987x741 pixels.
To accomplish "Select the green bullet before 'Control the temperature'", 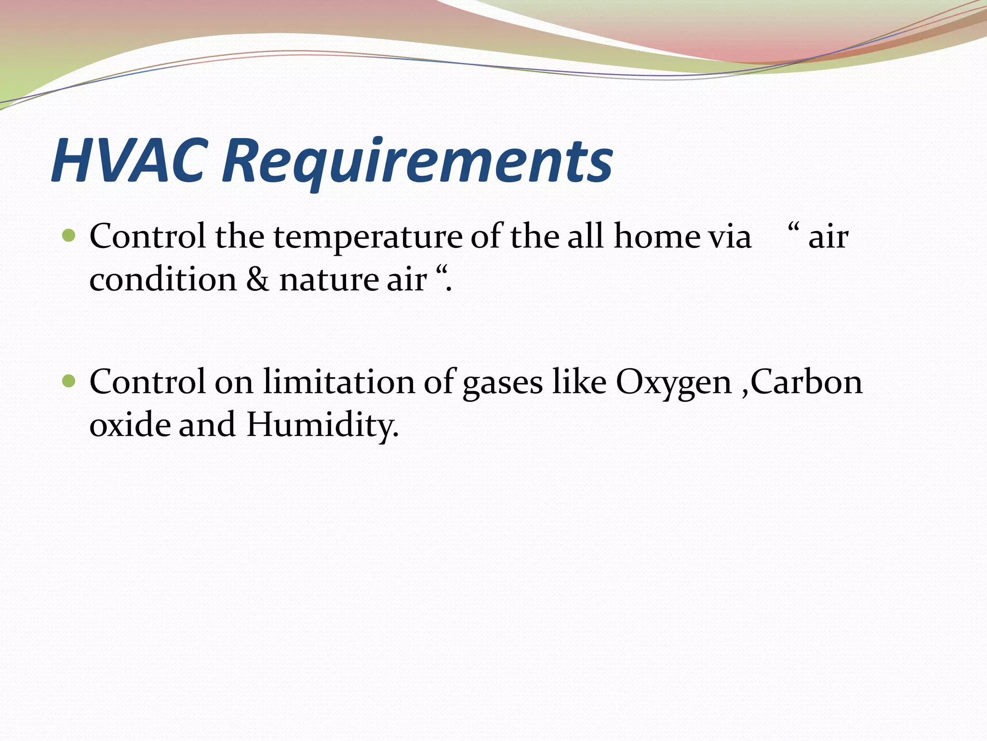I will click(69, 236).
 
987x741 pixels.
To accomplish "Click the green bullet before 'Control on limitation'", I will click(69, 382).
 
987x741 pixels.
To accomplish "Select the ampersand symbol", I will click(258, 280).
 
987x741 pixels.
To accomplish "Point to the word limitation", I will click(338, 382).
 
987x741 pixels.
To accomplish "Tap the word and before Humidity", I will click(207, 425).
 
